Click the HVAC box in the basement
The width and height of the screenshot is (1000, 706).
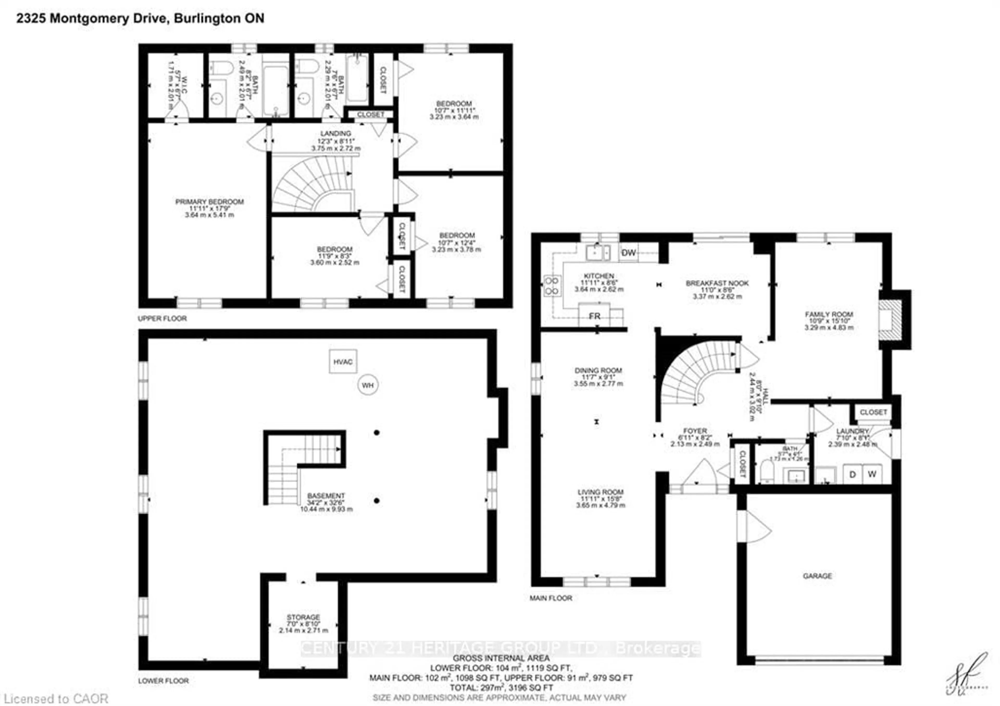tap(343, 361)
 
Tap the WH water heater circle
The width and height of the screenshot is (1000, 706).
tap(368, 385)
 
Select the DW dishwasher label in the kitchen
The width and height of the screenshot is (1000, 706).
tap(628, 253)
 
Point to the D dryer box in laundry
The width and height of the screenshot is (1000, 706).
tap(852, 474)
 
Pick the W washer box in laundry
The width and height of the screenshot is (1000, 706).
tap(872, 474)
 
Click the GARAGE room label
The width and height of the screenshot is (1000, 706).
tap(817, 576)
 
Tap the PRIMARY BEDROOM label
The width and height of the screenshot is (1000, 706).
tap(209, 202)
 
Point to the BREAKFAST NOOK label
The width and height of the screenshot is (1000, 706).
tap(717, 283)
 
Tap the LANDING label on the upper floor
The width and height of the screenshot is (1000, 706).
tap(335, 134)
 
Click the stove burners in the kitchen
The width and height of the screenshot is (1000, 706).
tap(551, 286)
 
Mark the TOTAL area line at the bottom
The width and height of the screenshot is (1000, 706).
tap(501, 688)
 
